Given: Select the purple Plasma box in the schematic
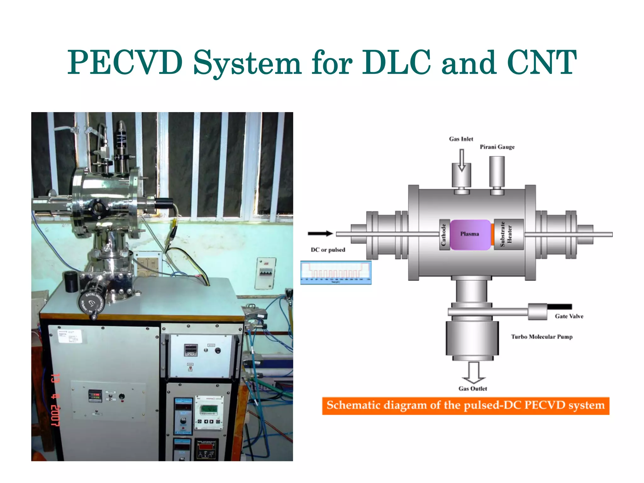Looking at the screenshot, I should point(470,234).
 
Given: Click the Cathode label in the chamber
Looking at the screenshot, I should point(444,235).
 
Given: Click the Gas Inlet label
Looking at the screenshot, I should point(461,139).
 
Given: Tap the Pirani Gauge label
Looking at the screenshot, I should point(497,147).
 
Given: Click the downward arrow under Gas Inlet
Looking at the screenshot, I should point(462,160).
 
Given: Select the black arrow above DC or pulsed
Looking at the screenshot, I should point(320,233).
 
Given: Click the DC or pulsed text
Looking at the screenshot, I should point(328,250).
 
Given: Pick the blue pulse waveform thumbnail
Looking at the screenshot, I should point(336,272).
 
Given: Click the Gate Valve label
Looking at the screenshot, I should point(569,316).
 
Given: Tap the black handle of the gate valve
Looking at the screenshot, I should point(559,307).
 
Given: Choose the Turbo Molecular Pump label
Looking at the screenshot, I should point(541,337).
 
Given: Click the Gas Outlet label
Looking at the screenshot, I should point(473,389).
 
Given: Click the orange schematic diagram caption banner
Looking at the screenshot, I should point(465,406).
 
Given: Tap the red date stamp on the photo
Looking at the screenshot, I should point(55,400).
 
